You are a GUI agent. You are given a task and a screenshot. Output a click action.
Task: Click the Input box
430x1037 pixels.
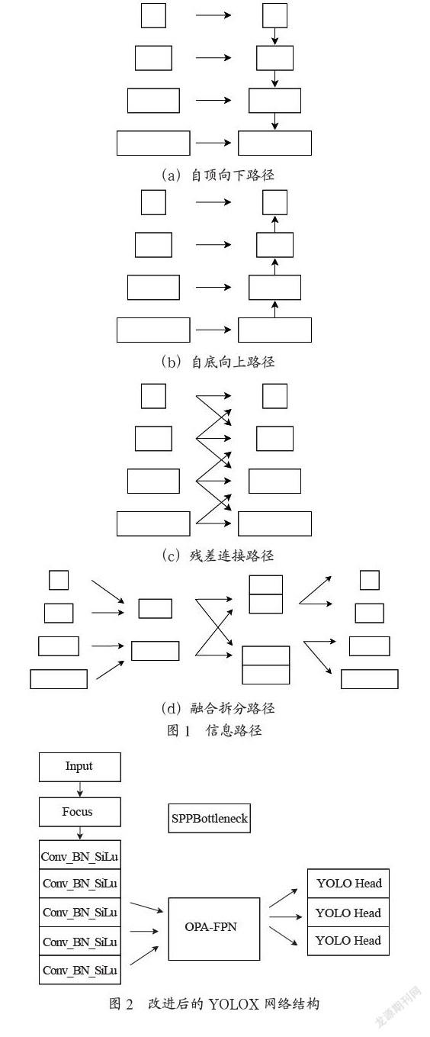(x=79, y=767)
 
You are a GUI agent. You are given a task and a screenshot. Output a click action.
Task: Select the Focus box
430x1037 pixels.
(x=79, y=812)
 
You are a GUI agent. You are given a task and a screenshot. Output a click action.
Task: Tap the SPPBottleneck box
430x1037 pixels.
(x=210, y=819)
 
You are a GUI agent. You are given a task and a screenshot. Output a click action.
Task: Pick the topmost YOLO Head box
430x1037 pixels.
(x=348, y=884)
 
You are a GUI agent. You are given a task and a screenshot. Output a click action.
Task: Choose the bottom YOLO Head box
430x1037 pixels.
(x=348, y=941)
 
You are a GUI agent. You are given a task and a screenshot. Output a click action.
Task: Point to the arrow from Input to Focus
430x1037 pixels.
(x=80, y=790)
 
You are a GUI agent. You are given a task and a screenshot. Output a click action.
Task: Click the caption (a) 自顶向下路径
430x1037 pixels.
(x=218, y=175)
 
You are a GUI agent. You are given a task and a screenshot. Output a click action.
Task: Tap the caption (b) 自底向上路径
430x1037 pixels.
(x=218, y=362)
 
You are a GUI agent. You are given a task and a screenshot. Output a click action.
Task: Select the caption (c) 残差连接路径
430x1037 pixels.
(x=218, y=555)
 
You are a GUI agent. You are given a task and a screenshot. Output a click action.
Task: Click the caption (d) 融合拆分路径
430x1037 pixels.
(x=218, y=708)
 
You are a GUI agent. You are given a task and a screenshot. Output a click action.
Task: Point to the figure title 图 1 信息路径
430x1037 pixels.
(x=214, y=730)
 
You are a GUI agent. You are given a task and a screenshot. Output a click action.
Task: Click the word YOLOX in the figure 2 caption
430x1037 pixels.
(x=233, y=1003)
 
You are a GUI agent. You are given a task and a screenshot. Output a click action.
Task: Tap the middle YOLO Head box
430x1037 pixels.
(x=348, y=912)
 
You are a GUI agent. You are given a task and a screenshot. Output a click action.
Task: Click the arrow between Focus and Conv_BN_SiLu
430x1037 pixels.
(x=80, y=834)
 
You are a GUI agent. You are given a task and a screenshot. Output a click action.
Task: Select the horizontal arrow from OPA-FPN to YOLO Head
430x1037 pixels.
(x=285, y=916)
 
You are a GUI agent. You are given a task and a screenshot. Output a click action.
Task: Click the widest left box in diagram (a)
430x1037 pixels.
(x=153, y=143)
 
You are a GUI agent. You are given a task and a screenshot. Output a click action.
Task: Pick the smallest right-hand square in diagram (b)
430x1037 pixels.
(x=274, y=202)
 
